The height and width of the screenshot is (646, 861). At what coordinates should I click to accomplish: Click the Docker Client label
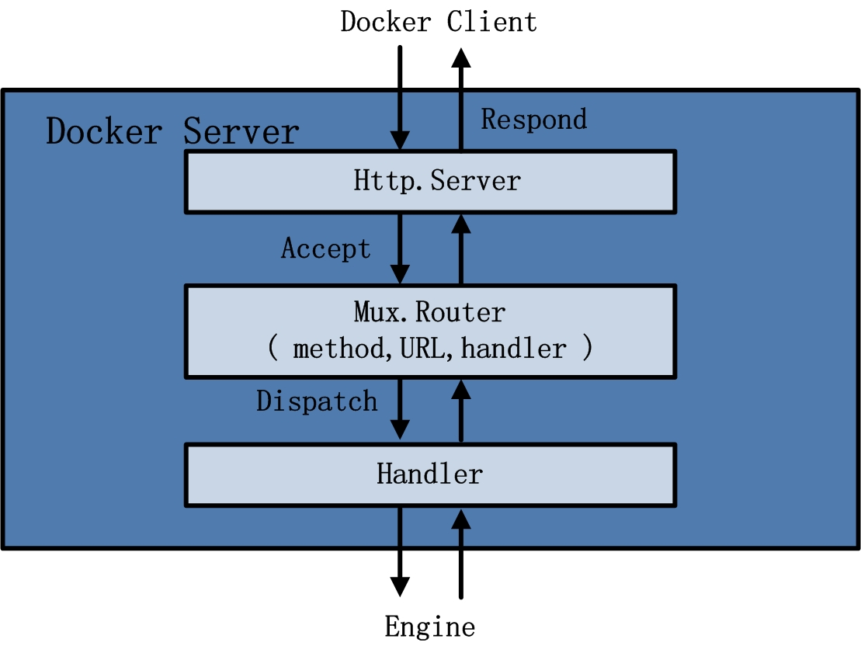(439, 22)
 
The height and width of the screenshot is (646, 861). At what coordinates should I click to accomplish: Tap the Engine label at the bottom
(429, 626)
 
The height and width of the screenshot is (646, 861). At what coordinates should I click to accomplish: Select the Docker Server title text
(172, 131)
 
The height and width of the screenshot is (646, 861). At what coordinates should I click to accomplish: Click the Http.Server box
(429, 182)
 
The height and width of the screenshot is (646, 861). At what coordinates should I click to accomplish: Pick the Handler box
(429, 474)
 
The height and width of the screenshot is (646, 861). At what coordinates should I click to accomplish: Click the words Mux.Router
(429, 312)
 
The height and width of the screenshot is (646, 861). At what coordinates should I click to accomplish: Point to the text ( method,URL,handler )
(429, 349)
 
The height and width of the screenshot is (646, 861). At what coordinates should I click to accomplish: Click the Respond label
(534, 119)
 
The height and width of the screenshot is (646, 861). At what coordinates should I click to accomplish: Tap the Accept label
(326, 248)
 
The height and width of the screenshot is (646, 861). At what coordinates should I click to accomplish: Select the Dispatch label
(317, 401)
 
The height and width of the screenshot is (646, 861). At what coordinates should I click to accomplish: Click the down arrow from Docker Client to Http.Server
(400, 97)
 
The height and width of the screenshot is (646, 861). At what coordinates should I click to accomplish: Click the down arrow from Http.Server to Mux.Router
(400, 248)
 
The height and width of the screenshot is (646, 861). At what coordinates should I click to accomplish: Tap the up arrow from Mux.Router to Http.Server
(461, 248)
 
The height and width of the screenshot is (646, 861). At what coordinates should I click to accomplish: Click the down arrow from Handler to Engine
(400, 551)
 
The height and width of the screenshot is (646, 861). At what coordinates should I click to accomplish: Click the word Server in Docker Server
(241, 131)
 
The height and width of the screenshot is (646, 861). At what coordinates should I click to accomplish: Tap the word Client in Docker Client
(491, 22)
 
